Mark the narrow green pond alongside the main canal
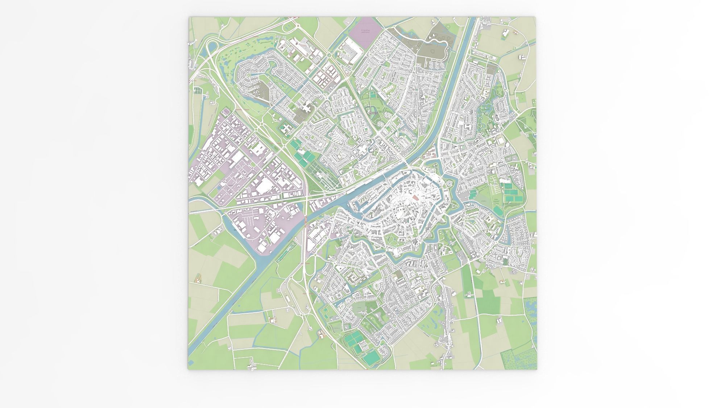point(286,250)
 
